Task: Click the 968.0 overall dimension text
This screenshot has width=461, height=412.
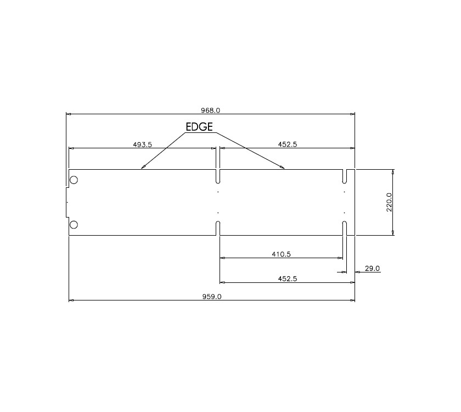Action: (210, 110)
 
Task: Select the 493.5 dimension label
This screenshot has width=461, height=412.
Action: (142, 144)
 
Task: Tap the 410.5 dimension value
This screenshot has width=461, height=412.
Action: (280, 254)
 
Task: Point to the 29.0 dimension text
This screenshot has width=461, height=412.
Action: (372, 269)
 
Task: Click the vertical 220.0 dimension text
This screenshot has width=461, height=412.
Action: (389, 202)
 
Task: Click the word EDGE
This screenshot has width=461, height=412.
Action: (199, 126)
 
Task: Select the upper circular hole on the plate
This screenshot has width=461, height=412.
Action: (74, 180)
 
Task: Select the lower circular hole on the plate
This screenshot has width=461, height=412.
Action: (74, 224)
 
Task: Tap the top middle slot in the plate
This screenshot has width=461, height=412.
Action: (218, 176)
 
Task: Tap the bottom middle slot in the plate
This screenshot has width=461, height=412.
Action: (218, 228)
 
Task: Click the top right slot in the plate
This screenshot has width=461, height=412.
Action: (344, 176)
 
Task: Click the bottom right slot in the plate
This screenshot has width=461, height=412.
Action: (344, 228)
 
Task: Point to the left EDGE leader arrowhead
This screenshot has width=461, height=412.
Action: (142, 168)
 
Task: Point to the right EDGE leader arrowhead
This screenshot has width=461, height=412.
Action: (283, 168)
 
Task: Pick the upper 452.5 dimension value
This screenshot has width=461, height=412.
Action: (288, 144)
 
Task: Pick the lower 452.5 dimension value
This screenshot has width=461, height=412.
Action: (288, 279)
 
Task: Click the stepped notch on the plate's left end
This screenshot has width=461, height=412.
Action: (66, 202)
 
